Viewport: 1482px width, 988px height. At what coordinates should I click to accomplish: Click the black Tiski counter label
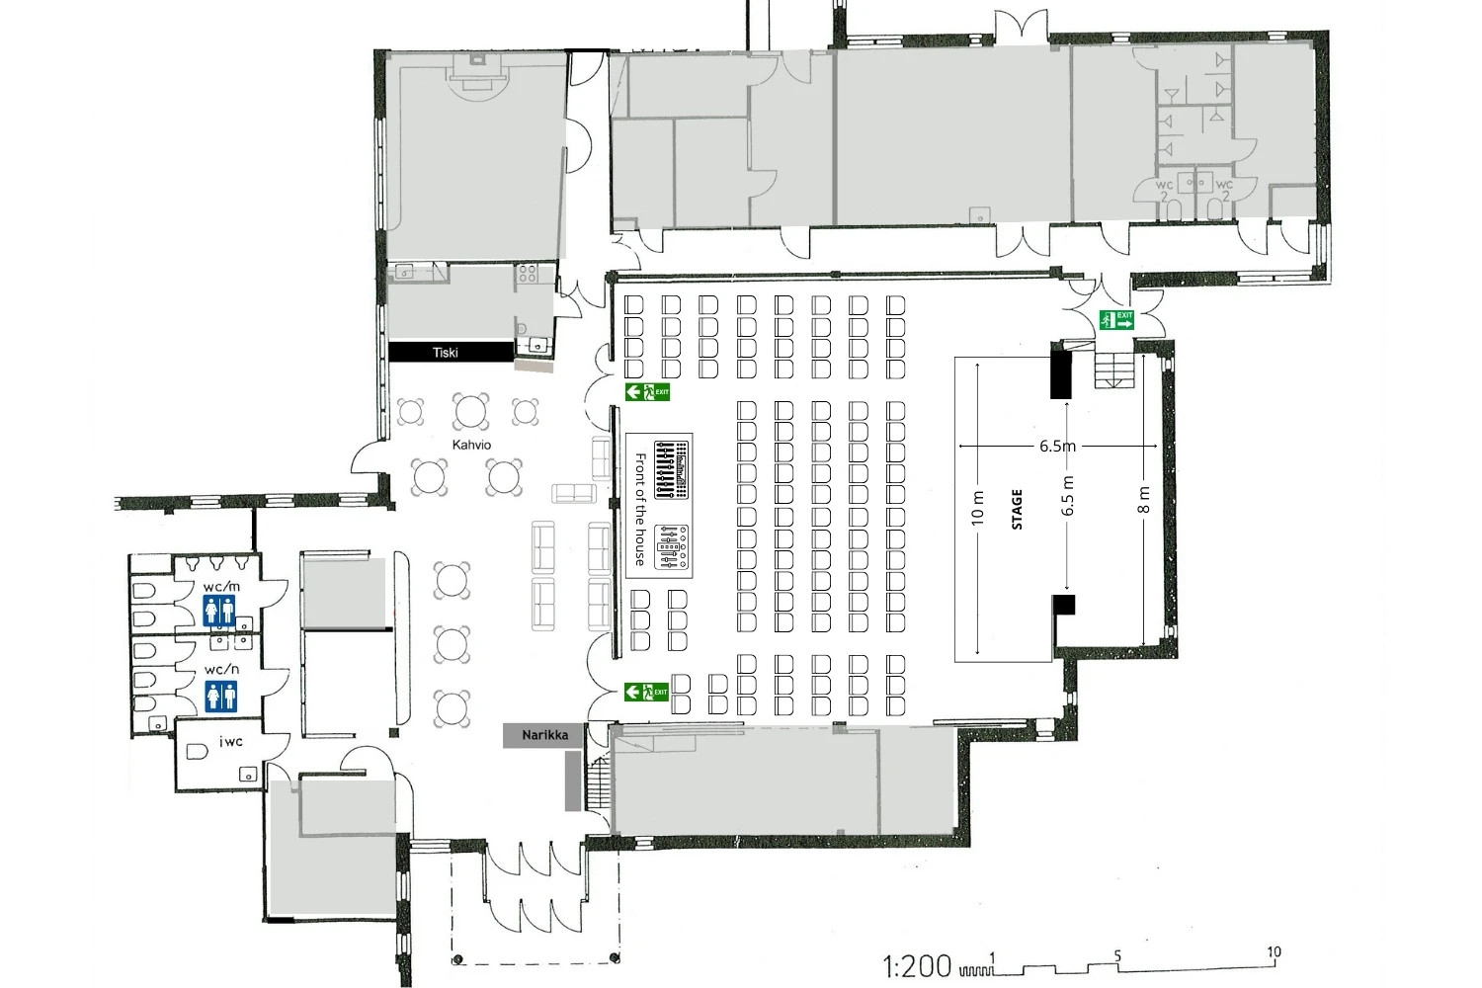click(451, 352)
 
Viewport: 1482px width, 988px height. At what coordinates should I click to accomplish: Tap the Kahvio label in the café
click(471, 445)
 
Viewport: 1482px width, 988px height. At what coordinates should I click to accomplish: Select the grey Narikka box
click(544, 735)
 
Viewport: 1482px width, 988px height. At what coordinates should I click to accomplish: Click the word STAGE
click(1017, 509)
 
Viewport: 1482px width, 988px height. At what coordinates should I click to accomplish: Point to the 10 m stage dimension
click(978, 508)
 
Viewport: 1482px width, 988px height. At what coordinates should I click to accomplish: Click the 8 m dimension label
click(1144, 500)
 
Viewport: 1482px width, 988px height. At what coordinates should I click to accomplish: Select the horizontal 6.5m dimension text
click(1057, 446)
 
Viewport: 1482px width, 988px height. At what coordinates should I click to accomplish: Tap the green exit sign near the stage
click(1116, 320)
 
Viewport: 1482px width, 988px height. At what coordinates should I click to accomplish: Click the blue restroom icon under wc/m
click(219, 611)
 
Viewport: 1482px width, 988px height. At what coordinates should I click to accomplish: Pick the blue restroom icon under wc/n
click(221, 697)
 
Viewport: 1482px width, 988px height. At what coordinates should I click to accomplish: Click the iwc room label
click(231, 741)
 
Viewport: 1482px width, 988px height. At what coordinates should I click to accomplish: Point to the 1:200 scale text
click(917, 967)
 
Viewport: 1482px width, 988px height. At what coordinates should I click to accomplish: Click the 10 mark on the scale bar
click(1274, 952)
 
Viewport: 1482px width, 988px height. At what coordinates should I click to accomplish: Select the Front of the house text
click(640, 509)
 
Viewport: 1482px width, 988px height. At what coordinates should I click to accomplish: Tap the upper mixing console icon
click(672, 470)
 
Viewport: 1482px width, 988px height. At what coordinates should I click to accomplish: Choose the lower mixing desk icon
click(672, 547)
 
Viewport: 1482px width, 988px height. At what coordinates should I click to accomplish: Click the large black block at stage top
click(1060, 374)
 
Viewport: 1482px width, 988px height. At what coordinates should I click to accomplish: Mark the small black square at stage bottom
click(1064, 605)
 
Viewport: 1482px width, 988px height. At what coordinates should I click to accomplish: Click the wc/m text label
click(221, 587)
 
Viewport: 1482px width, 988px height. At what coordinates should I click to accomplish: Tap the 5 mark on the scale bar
click(1117, 956)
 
